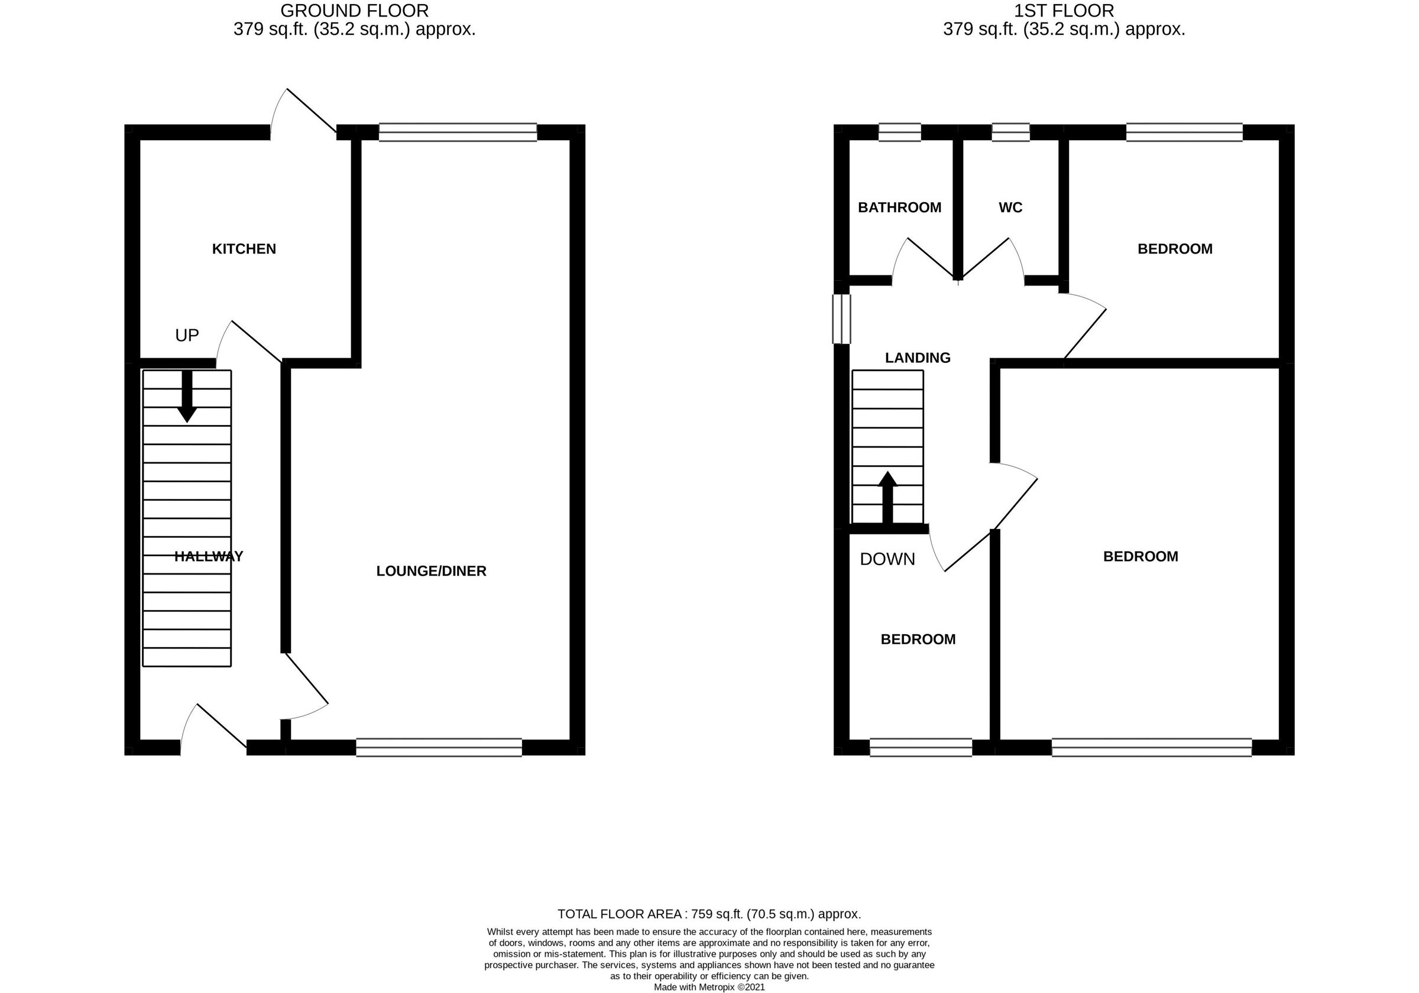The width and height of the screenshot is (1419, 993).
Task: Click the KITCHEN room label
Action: [x=244, y=249]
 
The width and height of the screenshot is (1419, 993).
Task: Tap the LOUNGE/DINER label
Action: [x=431, y=571]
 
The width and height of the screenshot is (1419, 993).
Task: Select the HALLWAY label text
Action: [x=208, y=556]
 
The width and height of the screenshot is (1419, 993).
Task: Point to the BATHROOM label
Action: [x=899, y=207]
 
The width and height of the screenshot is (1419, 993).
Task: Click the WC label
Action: [x=1010, y=207]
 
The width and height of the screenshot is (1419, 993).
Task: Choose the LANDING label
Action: [x=917, y=358]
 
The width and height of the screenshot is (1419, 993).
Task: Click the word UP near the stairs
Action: [x=187, y=335]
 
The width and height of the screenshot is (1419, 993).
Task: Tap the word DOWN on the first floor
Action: [x=887, y=559]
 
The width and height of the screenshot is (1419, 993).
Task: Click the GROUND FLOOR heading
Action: [x=354, y=11]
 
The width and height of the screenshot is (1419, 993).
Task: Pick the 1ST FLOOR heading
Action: [x=1064, y=11]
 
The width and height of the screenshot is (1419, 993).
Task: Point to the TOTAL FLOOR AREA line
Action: [x=709, y=914]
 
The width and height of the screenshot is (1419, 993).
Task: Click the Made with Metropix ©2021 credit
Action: [x=709, y=988]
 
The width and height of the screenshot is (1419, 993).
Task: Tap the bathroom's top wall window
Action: [x=899, y=132]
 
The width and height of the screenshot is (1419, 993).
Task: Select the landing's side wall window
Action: [x=841, y=319]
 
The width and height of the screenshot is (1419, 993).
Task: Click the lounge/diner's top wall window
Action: [x=458, y=132]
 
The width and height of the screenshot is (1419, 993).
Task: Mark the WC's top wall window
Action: [x=1010, y=132]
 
